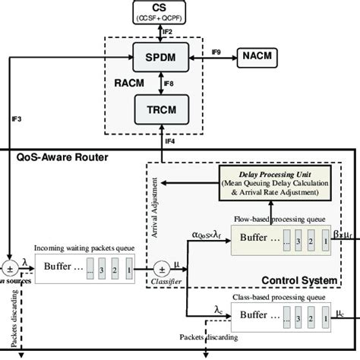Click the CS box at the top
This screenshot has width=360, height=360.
point(159,12)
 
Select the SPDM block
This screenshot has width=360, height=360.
point(159,55)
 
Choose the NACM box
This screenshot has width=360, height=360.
point(260,55)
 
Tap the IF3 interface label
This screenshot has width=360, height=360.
point(17,118)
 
